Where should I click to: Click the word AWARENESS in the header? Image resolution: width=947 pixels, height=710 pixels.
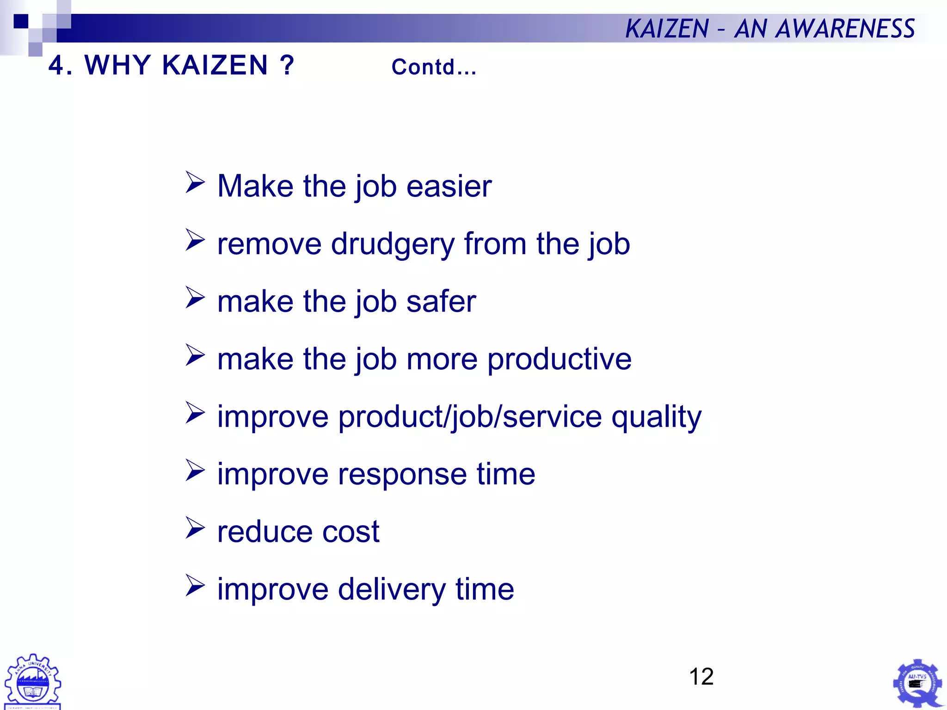pos(845,29)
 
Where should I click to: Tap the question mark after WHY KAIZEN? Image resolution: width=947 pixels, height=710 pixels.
pos(287,65)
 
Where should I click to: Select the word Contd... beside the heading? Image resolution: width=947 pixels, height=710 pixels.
pos(434,67)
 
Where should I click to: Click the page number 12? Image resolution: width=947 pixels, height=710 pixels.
pos(701,677)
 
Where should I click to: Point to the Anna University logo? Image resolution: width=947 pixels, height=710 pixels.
pos(32,681)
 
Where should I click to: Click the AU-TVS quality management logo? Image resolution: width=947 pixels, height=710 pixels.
pos(917,683)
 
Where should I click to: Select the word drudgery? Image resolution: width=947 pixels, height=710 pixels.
pos(393,245)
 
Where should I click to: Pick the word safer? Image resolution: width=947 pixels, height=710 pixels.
pos(441,302)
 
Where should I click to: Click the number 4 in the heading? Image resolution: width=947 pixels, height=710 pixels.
pos(56,65)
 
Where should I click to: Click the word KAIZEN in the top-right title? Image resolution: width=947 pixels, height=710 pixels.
pos(667,29)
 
